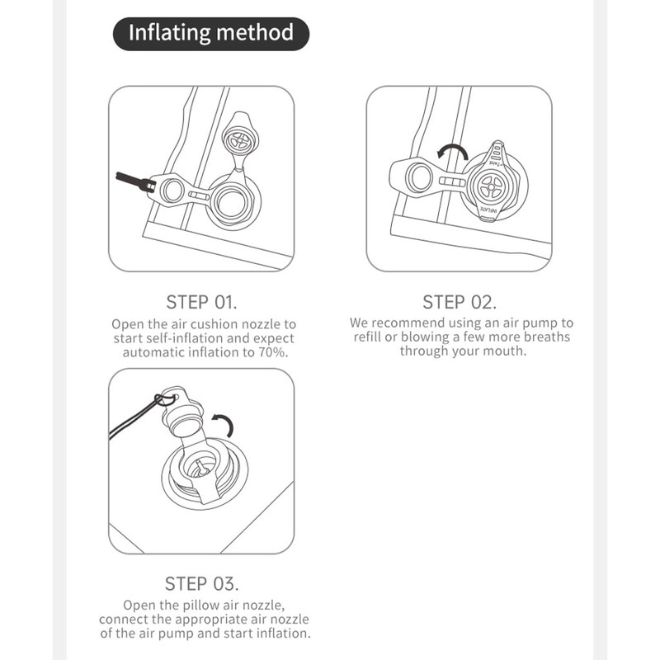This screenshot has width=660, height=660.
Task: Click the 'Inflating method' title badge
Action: (211, 34)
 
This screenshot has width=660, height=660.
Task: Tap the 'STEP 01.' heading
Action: (201, 302)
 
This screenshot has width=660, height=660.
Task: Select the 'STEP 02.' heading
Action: (460, 302)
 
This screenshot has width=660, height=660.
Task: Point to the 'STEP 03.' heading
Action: (201, 584)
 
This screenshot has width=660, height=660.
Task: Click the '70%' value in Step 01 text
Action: (273, 352)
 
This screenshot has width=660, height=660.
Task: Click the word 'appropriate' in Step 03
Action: (212, 620)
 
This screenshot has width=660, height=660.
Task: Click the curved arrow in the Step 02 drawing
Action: (452, 151)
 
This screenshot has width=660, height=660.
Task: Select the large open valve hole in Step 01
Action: (232, 201)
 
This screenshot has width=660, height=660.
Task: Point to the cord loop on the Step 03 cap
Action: (165, 398)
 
